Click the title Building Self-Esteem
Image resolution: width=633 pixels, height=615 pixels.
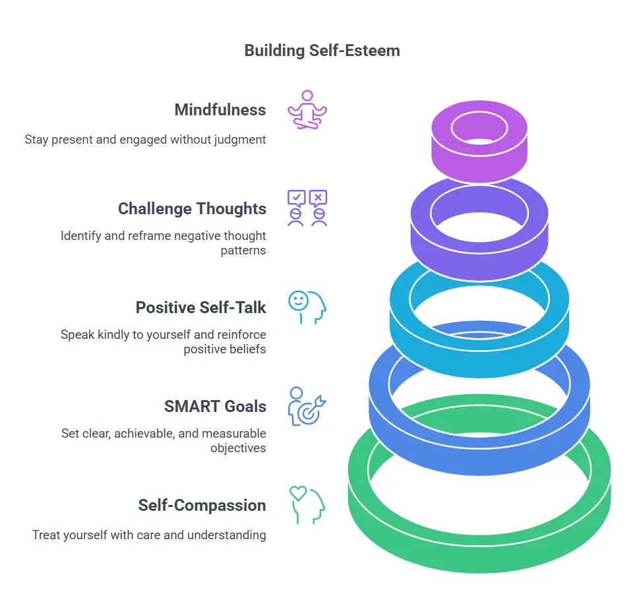(x=322, y=50)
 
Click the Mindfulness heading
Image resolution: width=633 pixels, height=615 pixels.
(x=220, y=110)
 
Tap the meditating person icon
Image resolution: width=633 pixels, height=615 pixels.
(x=307, y=109)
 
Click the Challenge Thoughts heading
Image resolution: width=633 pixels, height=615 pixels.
(x=192, y=209)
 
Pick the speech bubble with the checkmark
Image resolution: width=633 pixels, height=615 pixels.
(x=297, y=197)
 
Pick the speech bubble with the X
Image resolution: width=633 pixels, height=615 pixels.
(x=318, y=197)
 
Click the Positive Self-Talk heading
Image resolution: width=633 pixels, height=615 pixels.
(x=200, y=308)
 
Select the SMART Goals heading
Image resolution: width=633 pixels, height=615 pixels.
(x=215, y=407)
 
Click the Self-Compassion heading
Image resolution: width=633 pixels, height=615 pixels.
(x=202, y=506)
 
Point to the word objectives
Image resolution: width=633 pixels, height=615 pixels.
(x=238, y=448)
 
